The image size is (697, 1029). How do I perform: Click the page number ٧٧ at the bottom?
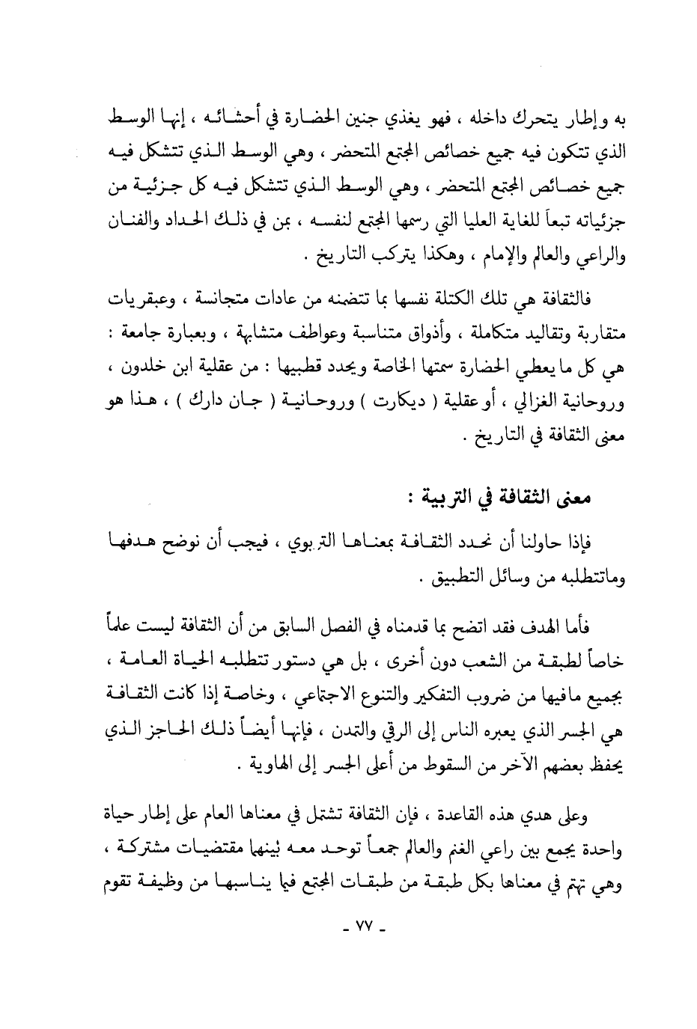pyautogui.click(x=362, y=933)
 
